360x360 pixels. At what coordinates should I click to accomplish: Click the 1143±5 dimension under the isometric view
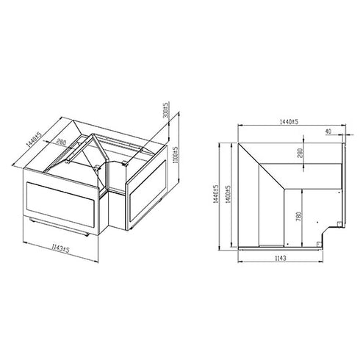point(56,250)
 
